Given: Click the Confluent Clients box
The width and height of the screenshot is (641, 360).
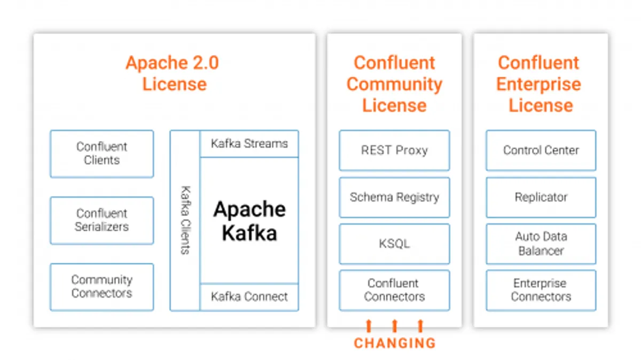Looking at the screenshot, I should [101, 154].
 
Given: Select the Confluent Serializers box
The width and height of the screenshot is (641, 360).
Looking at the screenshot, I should [101, 221].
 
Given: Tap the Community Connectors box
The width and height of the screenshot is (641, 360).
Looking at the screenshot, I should [101, 287].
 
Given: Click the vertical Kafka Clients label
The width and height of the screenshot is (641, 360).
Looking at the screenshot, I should [185, 220].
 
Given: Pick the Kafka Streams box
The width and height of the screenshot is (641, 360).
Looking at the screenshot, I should [249, 144].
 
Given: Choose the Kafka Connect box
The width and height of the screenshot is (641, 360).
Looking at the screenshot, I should [249, 297].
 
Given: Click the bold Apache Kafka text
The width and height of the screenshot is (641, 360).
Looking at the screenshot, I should [249, 221].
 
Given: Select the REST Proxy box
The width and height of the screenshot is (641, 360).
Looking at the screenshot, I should [394, 151].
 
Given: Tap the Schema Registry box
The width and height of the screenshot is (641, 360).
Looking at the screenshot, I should [394, 197].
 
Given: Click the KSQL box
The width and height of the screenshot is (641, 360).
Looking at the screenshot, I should [394, 244].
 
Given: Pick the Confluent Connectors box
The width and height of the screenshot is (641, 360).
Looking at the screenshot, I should [394, 290].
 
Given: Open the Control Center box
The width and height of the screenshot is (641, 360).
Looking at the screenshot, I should [541, 151].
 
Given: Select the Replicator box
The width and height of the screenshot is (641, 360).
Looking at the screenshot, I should [541, 197].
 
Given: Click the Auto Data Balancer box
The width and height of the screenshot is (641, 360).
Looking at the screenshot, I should [541, 244].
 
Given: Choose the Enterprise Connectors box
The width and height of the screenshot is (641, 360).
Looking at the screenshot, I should [541, 290].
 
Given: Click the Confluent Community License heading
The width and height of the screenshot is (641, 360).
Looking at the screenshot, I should [394, 84].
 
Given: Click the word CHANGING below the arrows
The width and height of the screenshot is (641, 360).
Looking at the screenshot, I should [394, 343].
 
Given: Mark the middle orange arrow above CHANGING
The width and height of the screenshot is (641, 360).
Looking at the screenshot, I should [394, 325].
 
